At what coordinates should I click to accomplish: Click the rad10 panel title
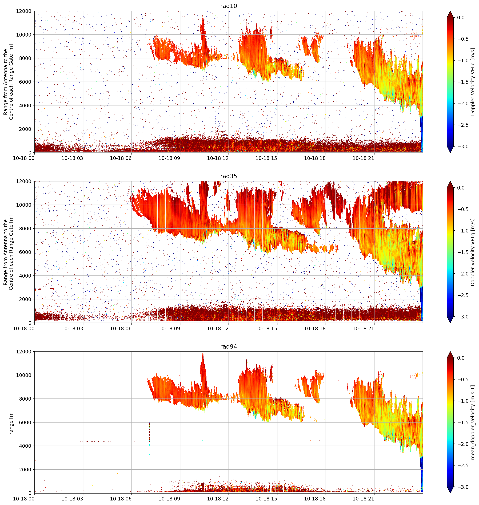pyautogui.click(x=229, y=6)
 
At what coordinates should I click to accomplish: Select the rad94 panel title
pyautogui.click(x=229, y=346)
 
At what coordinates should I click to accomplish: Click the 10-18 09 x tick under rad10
pyautogui.click(x=169, y=158)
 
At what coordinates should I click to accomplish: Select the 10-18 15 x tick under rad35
pyautogui.click(x=266, y=329)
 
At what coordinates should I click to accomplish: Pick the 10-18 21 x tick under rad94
pyautogui.click(x=363, y=499)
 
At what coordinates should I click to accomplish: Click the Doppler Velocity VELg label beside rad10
pyautogui.click(x=473, y=82)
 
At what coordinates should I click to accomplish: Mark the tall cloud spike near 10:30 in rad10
pyautogui.click(x=203, y=36)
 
